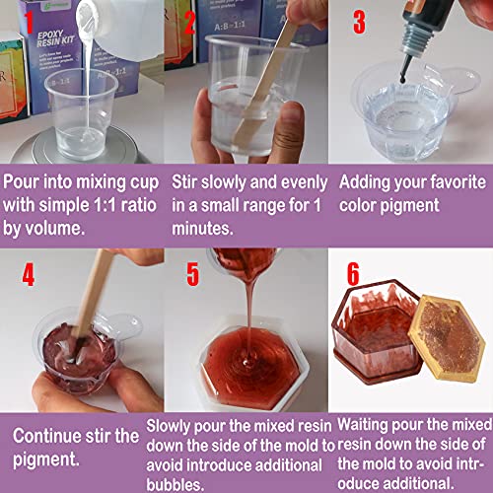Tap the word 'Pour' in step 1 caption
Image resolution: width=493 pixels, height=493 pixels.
(26, 182)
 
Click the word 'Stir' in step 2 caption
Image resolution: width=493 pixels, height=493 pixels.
(187, 182)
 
